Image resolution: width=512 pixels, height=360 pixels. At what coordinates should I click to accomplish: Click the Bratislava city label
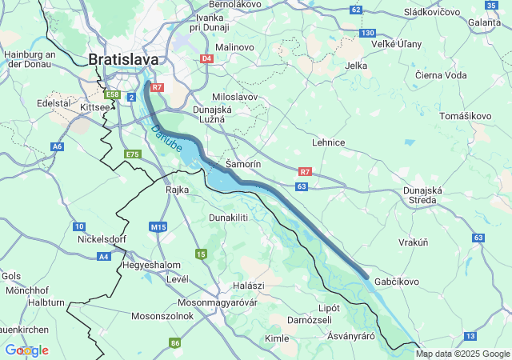click(x=124, y=59)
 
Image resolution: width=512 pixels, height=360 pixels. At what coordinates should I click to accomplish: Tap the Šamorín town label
click(x=244, y=163)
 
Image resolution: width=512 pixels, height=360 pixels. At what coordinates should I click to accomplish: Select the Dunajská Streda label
click(x=422, y=196)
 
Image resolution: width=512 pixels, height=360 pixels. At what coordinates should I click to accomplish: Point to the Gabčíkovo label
click(x=395, y=282)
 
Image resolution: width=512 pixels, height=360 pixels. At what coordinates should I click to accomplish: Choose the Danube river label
click(x=167, y=138)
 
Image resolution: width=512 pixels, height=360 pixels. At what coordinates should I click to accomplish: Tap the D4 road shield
click(x=206, y=58)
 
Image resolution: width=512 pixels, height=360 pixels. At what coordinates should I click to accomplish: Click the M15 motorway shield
click(x=158, y=227)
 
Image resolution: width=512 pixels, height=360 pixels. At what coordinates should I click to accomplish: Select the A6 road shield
click(x=57, y=146)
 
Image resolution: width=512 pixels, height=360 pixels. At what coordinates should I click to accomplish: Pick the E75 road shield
click(x=133, y=154)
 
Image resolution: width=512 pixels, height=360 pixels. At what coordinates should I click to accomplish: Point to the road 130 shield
click(x=367, y=33)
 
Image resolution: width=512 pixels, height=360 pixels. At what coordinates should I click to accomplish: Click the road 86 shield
click(x=174, y=343)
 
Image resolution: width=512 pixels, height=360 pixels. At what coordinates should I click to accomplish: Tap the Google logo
click(x=26, y=350)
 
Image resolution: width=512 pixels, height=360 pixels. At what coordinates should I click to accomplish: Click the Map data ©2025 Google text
click(x=462, y=354)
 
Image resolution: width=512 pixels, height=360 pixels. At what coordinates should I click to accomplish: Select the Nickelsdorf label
click(x=102, y=238)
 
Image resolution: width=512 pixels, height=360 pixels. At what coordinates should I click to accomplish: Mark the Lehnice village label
click(x=328, y=142)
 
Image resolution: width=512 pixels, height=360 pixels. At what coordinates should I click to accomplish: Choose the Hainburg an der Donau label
click(x=29, y=60)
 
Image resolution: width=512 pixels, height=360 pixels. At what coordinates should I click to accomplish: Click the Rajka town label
click(x=177, y=190)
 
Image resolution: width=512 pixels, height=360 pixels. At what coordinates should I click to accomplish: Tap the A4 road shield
click(x=103, y=256)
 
